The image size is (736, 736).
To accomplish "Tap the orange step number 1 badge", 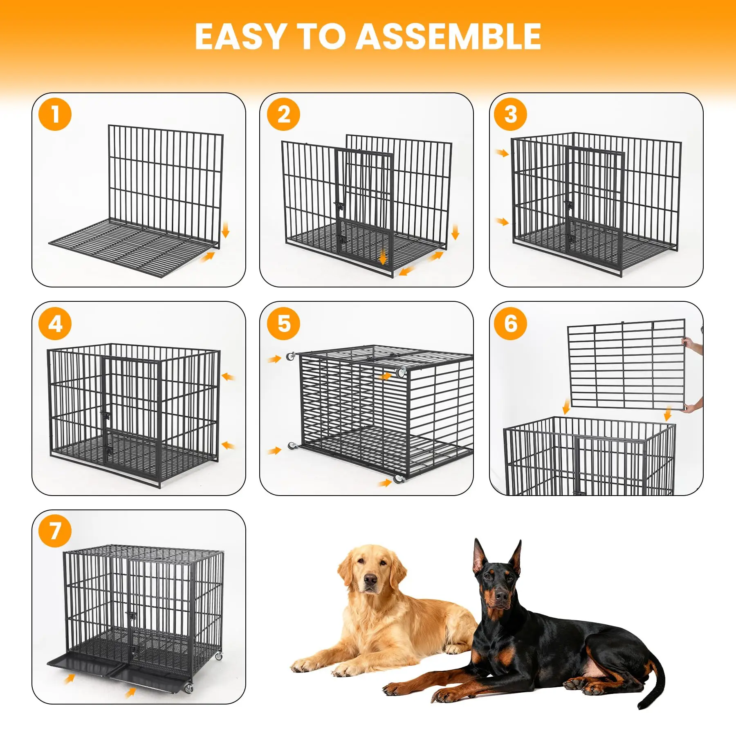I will click(55, 114).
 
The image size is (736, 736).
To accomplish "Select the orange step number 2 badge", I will click(283, 114).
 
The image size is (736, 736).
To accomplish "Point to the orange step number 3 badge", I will click(510, 114).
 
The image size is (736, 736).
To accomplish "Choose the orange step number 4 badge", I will click(55, 323).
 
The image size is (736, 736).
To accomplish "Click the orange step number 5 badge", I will click(283, 323).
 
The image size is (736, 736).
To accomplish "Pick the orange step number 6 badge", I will click(510, 323).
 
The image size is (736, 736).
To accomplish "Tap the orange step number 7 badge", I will click(55, 531).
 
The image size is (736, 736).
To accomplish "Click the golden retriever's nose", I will click(370, 579).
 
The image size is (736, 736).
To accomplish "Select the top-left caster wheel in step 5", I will click(291, 356).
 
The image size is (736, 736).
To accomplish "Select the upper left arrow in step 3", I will click(501, 153).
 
